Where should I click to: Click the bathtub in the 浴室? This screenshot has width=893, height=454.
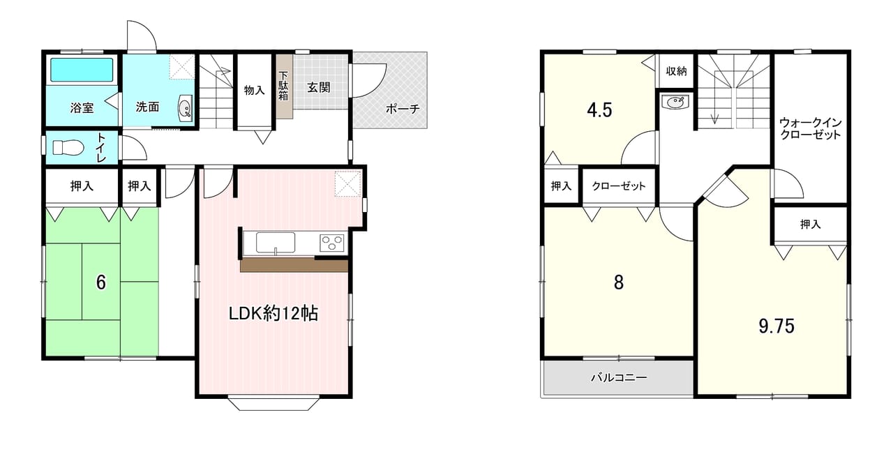82,70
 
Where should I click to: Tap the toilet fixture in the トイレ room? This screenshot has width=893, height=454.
68,148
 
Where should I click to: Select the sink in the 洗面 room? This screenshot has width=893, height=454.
186,107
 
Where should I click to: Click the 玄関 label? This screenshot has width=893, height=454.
319,87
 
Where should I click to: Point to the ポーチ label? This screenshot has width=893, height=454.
403,108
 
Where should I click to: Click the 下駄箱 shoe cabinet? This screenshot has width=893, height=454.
285,86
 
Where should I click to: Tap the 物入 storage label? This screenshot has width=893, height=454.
255,90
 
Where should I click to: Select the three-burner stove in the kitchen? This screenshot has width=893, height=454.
331,243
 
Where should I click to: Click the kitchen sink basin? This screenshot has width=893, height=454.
276,243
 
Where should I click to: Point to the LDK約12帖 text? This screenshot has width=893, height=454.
273,314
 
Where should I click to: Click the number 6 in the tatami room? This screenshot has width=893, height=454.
101,282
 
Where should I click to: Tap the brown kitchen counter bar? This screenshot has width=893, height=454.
294,266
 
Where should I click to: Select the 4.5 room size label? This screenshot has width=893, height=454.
599,110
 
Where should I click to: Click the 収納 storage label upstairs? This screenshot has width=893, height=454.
676,71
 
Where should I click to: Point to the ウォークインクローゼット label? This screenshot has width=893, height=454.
810,128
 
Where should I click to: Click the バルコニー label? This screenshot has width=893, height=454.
619,377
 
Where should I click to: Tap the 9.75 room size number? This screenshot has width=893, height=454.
776,326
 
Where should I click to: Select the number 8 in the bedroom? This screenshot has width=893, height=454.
619,282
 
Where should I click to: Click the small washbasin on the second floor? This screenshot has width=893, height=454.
675,103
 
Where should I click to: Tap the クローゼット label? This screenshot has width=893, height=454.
619,186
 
